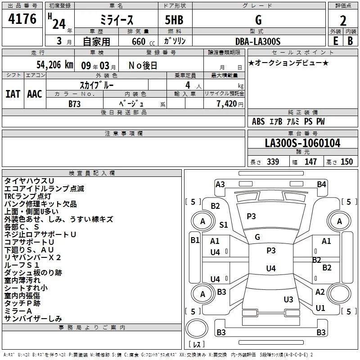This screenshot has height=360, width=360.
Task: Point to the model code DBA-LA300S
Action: (258, 41)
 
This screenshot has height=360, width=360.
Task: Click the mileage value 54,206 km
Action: (49, 65)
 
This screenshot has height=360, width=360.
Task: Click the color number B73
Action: (75, 103)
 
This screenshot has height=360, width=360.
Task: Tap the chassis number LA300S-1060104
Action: (302, 144)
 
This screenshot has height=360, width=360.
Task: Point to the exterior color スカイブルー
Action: (97, 85)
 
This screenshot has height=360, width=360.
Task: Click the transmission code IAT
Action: (13, 94)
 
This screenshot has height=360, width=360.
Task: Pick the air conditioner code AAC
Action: (34, 94)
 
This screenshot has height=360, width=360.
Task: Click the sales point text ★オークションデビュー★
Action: (288, 63)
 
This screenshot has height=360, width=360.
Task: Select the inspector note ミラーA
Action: (18, 311)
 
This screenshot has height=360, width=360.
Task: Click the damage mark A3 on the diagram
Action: (220, 184)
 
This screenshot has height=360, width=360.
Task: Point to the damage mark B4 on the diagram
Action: (321, 184)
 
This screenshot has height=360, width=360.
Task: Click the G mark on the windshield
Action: (257, 237)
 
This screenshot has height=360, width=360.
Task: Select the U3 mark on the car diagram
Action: (288, 300)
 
